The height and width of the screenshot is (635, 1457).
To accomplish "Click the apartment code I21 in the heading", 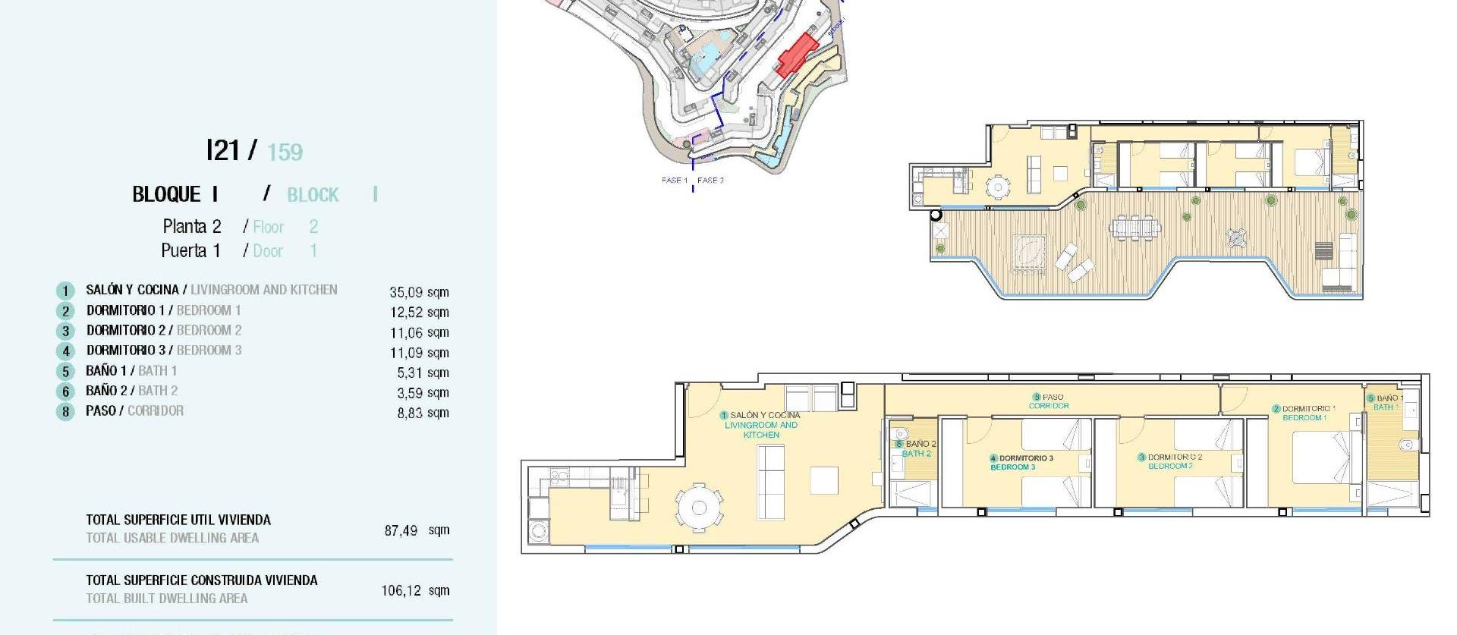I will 223,150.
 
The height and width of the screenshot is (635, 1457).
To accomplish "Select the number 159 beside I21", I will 285,152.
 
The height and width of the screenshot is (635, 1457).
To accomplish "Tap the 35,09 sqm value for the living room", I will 419,292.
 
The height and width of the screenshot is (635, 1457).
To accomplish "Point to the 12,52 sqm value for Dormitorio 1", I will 419,312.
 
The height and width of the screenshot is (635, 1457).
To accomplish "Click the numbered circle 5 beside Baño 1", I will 66,372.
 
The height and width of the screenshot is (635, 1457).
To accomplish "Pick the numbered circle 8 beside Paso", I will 66,412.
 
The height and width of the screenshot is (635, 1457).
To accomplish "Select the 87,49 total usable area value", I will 401,530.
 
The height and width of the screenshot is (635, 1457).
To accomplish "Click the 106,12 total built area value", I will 401,590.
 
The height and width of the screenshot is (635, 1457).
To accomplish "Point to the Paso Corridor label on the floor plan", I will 1049,401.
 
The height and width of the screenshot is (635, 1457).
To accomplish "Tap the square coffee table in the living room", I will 824,480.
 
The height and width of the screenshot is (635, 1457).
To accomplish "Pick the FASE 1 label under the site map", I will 674,181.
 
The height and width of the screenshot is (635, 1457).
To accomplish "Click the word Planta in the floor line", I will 184,226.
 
